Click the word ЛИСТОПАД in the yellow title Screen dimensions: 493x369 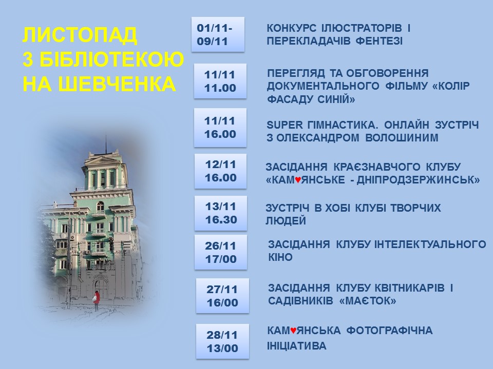80,35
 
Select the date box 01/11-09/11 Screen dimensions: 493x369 218,34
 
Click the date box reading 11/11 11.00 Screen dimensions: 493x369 220,81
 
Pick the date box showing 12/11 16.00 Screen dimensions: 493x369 220,171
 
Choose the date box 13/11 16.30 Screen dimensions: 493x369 221,213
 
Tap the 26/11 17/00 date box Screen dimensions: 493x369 221,252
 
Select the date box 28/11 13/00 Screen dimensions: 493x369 222,341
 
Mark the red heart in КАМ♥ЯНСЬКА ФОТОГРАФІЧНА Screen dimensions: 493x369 293,331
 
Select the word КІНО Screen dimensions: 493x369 280,257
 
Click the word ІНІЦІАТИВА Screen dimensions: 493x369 296,346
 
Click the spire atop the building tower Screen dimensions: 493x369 106,143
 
